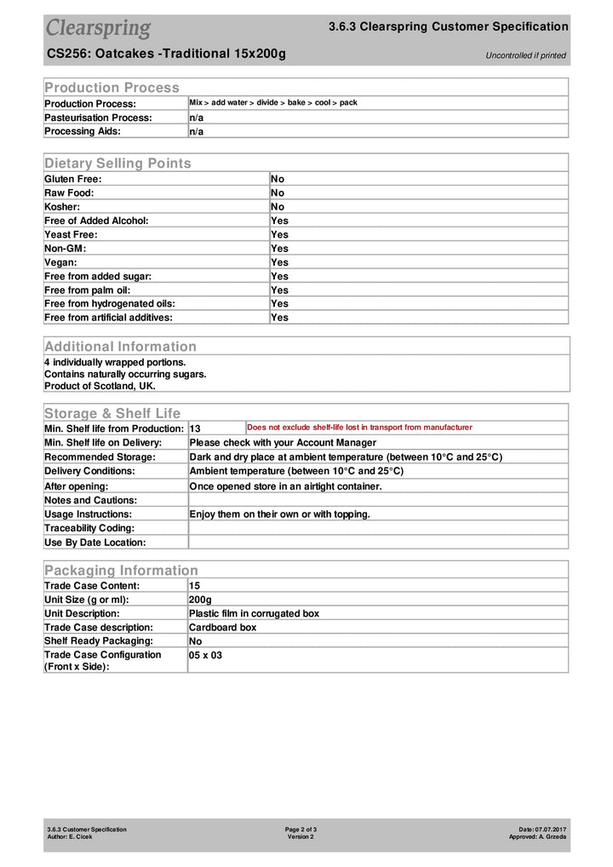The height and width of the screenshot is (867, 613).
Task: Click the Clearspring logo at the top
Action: (x=98, y=28)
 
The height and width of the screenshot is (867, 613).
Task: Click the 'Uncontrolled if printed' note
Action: (x=525, y=55)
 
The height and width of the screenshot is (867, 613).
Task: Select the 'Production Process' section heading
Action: (x=112, y=87)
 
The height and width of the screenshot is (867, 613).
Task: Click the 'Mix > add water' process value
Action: (x=272, y=103)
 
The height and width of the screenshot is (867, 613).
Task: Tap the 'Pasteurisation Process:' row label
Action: (x=98, y=118)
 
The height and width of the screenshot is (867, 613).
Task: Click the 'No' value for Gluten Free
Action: (x=278, y=179)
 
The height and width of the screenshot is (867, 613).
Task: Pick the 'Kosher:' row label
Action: (x=62, y=207)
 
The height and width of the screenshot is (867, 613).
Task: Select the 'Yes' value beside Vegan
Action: (x=279, y=262)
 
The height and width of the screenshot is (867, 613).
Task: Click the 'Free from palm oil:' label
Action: (x=93, y=290)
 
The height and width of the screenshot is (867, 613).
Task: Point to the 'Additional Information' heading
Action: (x=120, y=346)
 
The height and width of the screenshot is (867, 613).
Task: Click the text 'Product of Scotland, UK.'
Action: (x=100, y=386)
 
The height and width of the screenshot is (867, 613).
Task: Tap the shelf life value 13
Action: (x=195, y=428)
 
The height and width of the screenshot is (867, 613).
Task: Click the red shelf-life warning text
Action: (x=359, y=428)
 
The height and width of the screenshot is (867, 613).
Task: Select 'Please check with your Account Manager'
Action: (x=282, y=442)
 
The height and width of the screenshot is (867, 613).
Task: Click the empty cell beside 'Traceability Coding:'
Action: (x=377, y=528)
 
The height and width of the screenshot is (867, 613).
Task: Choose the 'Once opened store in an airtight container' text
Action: (x=285, y=486)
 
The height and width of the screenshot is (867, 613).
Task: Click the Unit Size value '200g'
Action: (x=200, y=600)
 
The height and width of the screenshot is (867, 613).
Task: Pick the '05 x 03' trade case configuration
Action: (x=205, y=656)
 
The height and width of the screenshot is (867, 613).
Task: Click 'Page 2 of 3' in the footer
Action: (x=301, y=829)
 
